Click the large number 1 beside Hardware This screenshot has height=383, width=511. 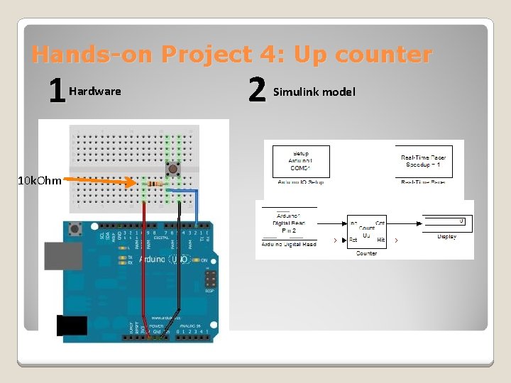click(x=56, y=91)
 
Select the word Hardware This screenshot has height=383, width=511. click(x=95, y=91)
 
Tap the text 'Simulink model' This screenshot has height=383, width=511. click(x=314, y=91)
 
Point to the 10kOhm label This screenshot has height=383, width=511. click(x=40, y=180)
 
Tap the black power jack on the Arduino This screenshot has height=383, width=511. click(x=71, y=325)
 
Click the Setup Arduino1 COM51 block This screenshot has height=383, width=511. click(x=301, y=161)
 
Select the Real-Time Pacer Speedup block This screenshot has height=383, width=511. click(x=423, y=161)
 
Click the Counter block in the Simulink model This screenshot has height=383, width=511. click(x=366, y=231)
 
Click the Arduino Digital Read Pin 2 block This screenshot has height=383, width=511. click(x=289, y=223)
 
